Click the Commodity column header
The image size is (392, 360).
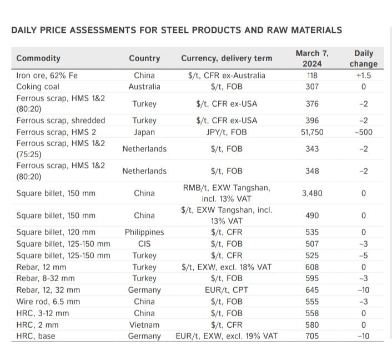(38, 58)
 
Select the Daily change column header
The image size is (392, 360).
(363, 58)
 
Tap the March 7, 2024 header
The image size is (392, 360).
(312, 58)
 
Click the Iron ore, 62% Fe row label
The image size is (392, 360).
(47, 76)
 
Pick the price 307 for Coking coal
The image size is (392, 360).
(311, 87)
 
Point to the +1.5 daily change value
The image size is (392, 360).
(363, 76)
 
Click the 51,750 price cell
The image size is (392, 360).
(312, 132)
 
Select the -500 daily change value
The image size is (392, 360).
(363, 132)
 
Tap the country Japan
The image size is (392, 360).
(144, 132)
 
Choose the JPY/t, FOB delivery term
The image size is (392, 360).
(227, 132)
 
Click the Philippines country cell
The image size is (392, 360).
(144, 232)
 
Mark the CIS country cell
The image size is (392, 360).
(144, 244)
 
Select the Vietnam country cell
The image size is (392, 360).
(144, 324)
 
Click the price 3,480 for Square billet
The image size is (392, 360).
(312, 193)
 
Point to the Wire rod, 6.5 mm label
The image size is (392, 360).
(48, 302)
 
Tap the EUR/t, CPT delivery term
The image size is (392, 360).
(227, 290)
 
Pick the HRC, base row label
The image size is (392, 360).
(36, 336)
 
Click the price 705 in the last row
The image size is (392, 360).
(311, 336)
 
